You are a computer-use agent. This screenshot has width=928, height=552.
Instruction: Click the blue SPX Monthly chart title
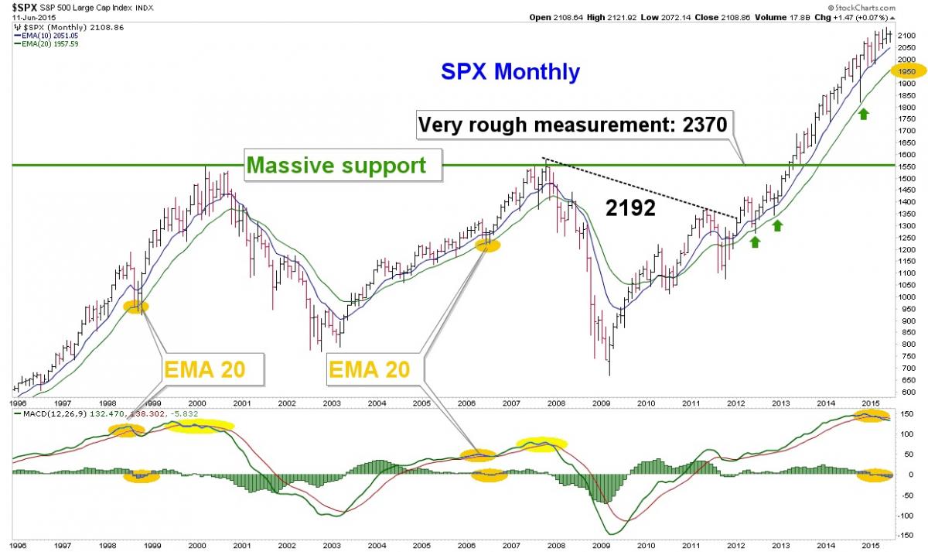(x=510, y=71)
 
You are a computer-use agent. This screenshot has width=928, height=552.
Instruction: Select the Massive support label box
(x=343, y=165)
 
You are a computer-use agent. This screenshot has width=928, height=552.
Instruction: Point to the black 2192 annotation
(x=630, y=207)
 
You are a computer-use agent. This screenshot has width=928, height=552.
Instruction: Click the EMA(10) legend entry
(x=46, y=36)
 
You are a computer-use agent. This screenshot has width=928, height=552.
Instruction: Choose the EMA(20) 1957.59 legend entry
(x=46, y=44)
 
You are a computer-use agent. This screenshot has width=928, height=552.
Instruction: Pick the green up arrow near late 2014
(x=863, y=114)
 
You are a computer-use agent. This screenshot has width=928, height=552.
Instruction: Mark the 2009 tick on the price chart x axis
(x=601, y=403)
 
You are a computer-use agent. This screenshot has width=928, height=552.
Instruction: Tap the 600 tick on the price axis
(x=906, y=392)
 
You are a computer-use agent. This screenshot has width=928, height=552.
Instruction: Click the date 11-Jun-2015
(x=34, y=17)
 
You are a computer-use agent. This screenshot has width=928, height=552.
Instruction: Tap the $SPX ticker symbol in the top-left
(x=25, y=8)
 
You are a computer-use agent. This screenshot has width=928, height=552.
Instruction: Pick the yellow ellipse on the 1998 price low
(x=136, y=307)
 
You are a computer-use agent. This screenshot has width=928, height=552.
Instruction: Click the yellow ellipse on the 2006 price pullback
(x=488, y=245)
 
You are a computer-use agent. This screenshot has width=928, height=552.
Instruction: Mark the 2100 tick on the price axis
(x=906, y=36)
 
